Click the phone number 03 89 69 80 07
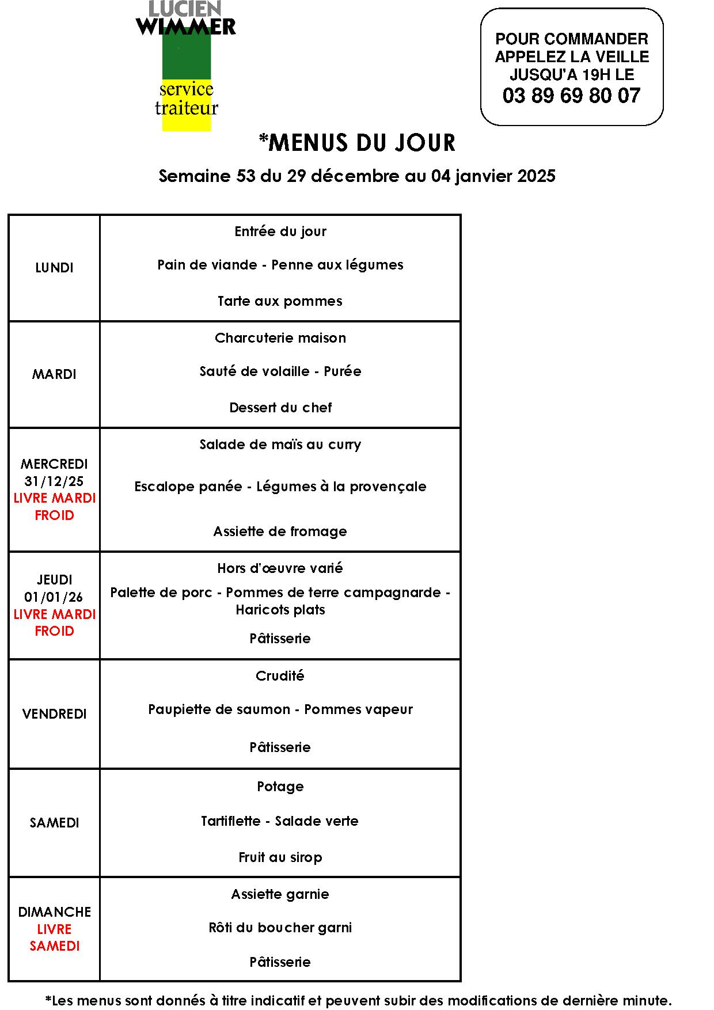(571, 96)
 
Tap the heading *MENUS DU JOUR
(357, 143)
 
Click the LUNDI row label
(54, 268)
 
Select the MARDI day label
(54, 374)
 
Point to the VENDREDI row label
(54, 714)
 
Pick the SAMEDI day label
(54, 823)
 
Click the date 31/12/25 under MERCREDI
(54, 481)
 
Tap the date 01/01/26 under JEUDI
(54, 597)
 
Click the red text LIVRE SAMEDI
(54, 937)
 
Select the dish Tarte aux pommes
(280, 301)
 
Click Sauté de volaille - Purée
(280, 371)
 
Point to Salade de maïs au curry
(280, 445)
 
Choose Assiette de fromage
(280, 531)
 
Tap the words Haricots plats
(280, 610)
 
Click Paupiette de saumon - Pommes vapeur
(280, 709)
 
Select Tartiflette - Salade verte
(279, 821)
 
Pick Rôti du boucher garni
(280, 928)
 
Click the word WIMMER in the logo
(186, 26)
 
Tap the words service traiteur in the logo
(187, 98)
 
